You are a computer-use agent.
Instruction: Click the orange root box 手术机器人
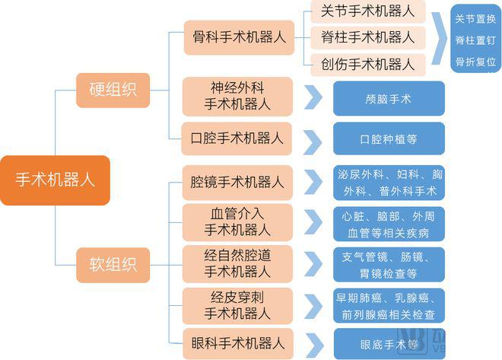(55, 180)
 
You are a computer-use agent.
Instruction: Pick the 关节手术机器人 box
(367, 11)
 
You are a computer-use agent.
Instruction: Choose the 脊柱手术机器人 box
(367, 37)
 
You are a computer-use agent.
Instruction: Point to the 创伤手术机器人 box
(367, 63)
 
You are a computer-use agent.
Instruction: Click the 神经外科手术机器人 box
(238, 96)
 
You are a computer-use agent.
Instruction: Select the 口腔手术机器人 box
(238, 139)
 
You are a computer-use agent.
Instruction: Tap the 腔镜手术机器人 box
(238, 182)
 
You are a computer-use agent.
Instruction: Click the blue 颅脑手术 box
(389, 99)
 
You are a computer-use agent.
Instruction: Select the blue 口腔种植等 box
(389, 140)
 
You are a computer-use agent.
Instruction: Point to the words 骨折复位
(476, 61)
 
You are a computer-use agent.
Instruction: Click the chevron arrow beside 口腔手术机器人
(313, 140)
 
